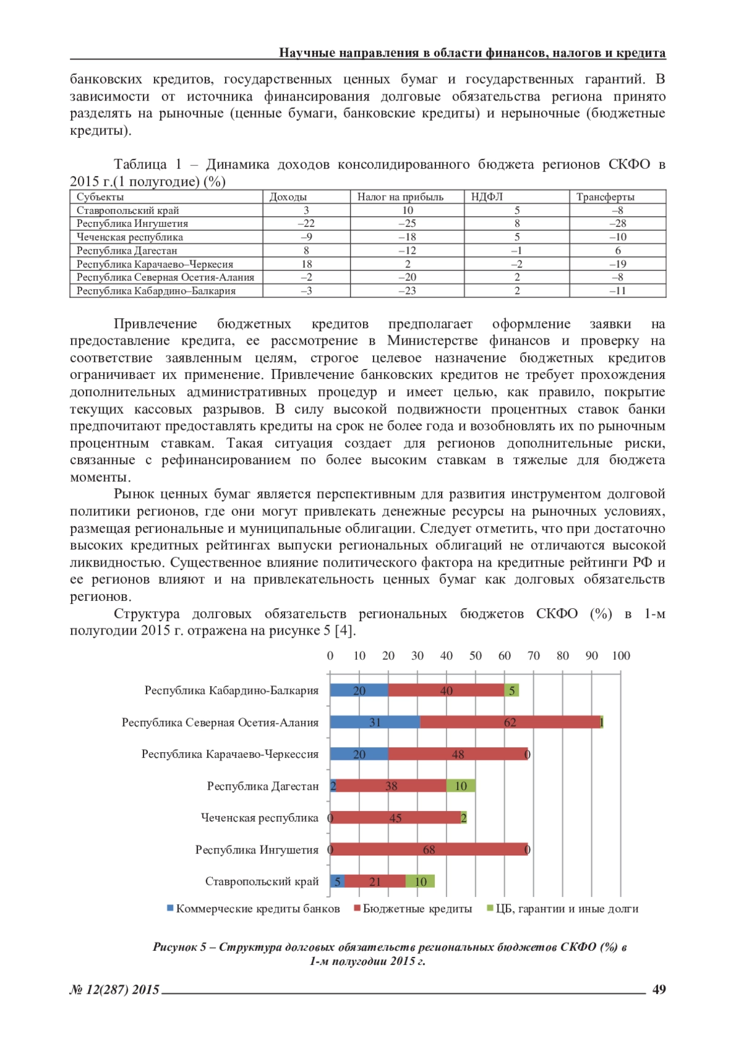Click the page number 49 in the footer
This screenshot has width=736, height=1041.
[x=659, y=990]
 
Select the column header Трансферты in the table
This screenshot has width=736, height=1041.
[x=605, y=197]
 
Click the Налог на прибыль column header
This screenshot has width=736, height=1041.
[x=400, y=197]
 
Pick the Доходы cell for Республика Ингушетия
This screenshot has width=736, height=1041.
[x=306, y=224]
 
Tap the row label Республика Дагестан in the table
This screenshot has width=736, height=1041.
[x=126, y=251]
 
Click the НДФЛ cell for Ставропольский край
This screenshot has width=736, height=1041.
[x=516, y=210]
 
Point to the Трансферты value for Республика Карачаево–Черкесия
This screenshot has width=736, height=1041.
[x=617, y=264]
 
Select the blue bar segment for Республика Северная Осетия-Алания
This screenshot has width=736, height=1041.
[x=375, y=722]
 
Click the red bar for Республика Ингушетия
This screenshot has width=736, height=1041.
[x=429, y=850]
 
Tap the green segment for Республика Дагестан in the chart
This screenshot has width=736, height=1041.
[x=461, y=786]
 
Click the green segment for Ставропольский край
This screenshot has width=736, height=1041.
[x=420, y=882]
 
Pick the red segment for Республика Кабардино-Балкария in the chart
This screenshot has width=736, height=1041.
[x=446, y=690]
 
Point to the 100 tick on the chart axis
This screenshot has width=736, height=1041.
[x=621, y=655]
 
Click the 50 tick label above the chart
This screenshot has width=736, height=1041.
[x=475, y=655]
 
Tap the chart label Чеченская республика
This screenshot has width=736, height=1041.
[x=259, y=818]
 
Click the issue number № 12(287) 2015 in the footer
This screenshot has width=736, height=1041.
[x=115, y=990]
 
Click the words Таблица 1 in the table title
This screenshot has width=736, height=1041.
[x=148, y=164]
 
